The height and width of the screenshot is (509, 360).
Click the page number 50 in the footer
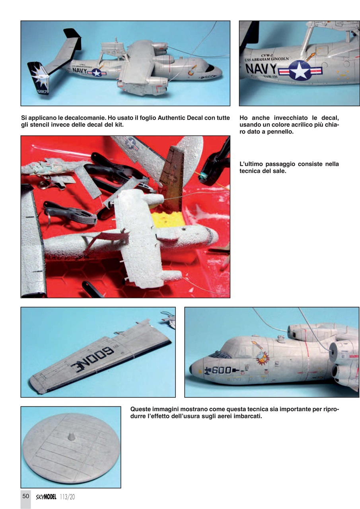point(25,496)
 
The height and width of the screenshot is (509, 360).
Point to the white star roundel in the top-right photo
point(300,71)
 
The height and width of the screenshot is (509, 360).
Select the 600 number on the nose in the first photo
point(209,76)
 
